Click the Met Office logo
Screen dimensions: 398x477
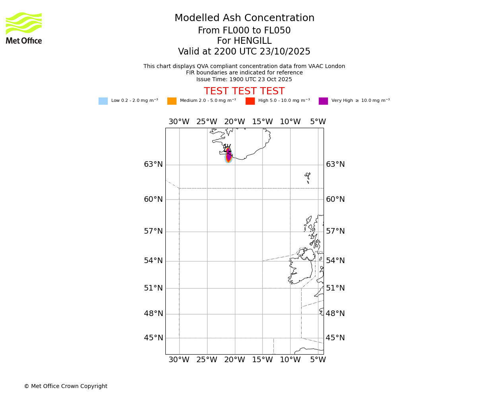24,28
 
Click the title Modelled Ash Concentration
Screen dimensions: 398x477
244,18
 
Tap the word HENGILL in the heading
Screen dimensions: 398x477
252,41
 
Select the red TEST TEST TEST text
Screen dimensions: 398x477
244,91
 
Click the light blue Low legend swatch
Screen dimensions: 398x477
103,101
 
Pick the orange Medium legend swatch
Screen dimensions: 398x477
172,101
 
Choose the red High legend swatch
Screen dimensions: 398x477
250,101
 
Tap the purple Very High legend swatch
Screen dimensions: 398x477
323,101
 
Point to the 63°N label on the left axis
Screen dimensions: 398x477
153,164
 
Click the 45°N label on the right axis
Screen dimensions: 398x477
335,338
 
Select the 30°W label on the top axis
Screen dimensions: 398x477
179,122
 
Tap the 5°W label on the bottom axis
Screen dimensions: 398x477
318,360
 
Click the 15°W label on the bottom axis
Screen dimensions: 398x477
262,360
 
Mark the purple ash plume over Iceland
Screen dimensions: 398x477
229,154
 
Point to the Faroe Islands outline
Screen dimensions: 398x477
308,177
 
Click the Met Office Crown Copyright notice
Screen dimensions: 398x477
66,386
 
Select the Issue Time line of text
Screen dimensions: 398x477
244,79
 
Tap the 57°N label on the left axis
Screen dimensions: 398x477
153,231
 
